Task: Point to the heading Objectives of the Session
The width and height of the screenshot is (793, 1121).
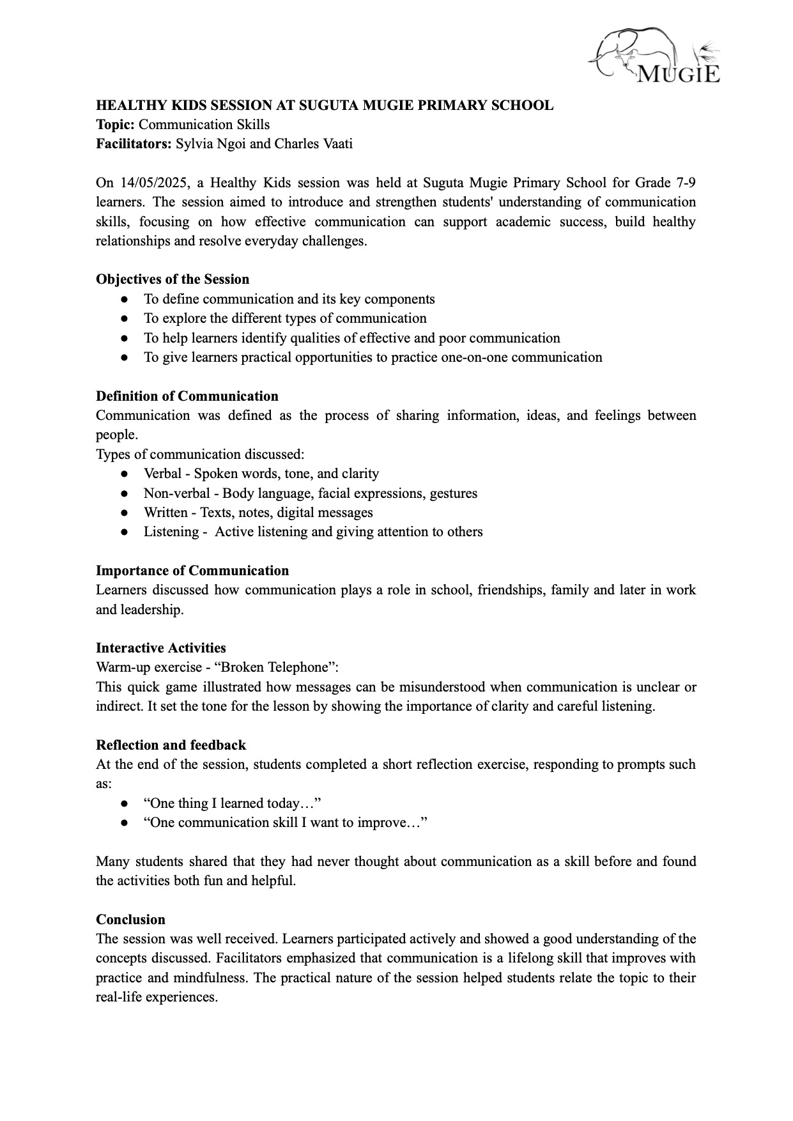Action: click(173, 279)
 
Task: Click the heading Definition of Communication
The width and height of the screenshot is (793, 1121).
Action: click(187, 396)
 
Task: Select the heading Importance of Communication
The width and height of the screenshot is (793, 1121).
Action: click(192, 571)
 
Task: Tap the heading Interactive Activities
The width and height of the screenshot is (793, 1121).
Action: click(160, 648)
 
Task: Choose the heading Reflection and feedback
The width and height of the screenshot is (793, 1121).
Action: click(171, 745)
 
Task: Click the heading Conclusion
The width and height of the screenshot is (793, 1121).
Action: click(130, 920)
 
